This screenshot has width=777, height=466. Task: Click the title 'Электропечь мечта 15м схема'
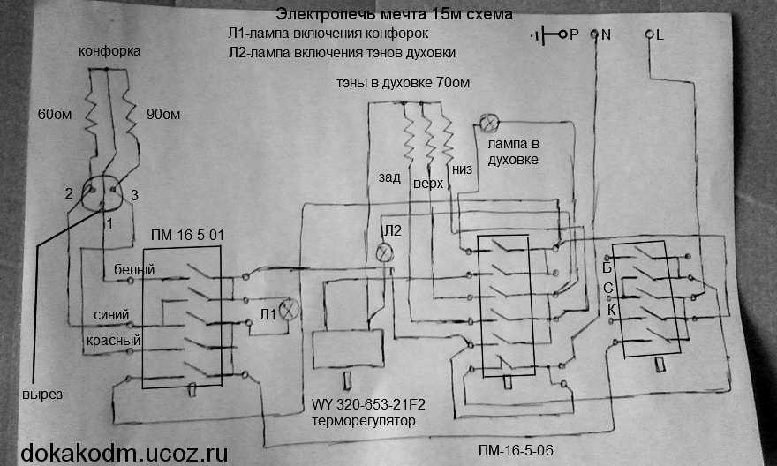pos(393,15)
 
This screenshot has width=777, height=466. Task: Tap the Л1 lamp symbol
pos(290,312)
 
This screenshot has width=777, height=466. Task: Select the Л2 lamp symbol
pos(384,253)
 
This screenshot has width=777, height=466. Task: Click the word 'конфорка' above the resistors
pos(109,52)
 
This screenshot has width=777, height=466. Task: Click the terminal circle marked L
pos(651,35)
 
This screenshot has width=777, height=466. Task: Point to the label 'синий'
pos(111,314)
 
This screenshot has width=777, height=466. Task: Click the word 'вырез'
pos(43,395)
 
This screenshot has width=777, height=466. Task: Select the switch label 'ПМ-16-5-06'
pos(515,450)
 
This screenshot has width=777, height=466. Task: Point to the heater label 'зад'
pos(389,177)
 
